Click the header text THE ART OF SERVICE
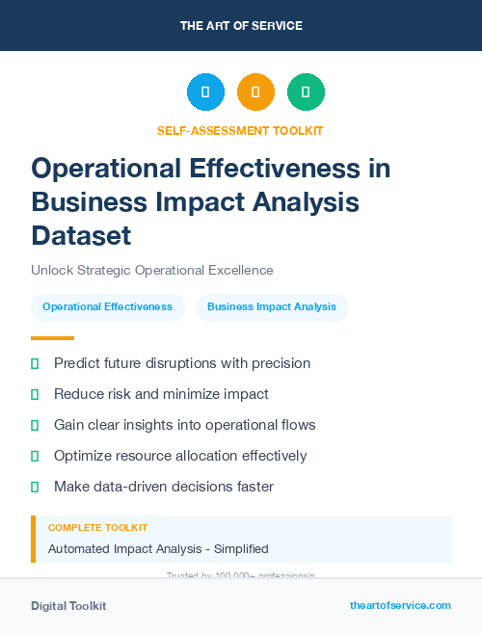click(x=241, y=25)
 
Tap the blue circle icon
click(x=205, y=92)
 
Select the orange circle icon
click(x=255, y=92)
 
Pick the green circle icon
click(x=306, y=92)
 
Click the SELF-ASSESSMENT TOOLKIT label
click(x=240, y=130)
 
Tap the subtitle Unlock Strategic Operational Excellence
click(x=152, y=270)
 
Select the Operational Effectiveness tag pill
click(x=107, y=307)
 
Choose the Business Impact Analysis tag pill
click(x=272, y=307)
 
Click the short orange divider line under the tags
click(x=52, y=338)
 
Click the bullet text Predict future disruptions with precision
click(x=182, y=363)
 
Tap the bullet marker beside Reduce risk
click(x=35, y=394)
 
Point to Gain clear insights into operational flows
click(x=184, y=425)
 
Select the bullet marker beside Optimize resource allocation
click(x=35, y=456)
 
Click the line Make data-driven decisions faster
click(x=164, y=487)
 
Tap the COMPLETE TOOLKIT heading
click(x=97, y=528)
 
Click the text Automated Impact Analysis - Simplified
click(x=158, y=549)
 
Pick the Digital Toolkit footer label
click(x=68, y=606)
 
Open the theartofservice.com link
click(x=400, y=605)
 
